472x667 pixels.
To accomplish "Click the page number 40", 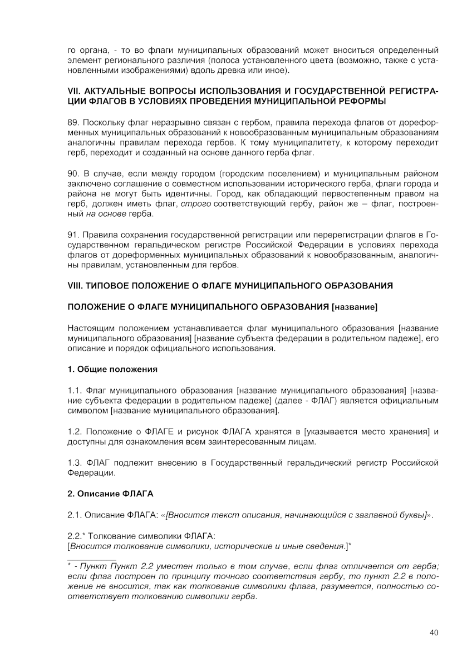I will pyautogui.click(x=434, y=631).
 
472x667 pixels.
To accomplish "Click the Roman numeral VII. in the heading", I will pyautogui.click(x=75, y=91).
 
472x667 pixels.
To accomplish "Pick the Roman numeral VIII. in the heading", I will pyautogui.click(x=76, y=286).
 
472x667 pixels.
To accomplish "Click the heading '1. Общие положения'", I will pyautogui.click(x=112, y=369).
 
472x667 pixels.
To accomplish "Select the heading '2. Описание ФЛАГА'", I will pyautogui.click(x=110, y=493).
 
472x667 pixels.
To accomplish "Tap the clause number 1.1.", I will pyautogui.click(x=75, y=391).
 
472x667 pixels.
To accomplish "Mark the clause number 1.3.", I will pyautogui.click(x=75, y=463).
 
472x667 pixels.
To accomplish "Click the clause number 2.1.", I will pyautogui.click(x=75, y=515).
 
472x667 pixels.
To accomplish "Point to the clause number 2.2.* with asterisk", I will pyautogui.click(x=77, y=535).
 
